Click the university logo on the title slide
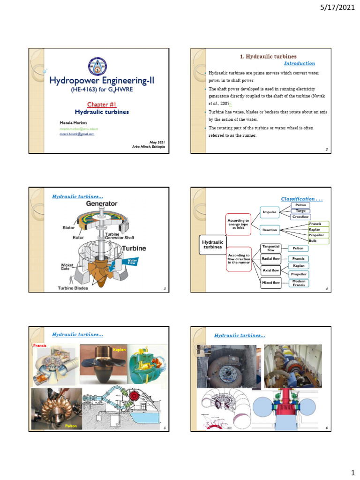click(97, 66)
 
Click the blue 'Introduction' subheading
click(300, 63)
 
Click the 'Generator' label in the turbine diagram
click(101, 204)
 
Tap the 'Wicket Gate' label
click(67, 266)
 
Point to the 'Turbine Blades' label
click(73, 288)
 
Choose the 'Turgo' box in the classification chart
click(300, 211)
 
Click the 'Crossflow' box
click(300, 217)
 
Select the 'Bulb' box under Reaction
click(313, 240)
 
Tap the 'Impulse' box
click(270, 212)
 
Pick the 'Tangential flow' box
click(270, 248)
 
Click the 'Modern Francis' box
click(299, 283)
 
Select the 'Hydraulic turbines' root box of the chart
click(212, 244)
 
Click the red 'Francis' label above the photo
click(38, 345)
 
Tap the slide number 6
click(325, 428)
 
